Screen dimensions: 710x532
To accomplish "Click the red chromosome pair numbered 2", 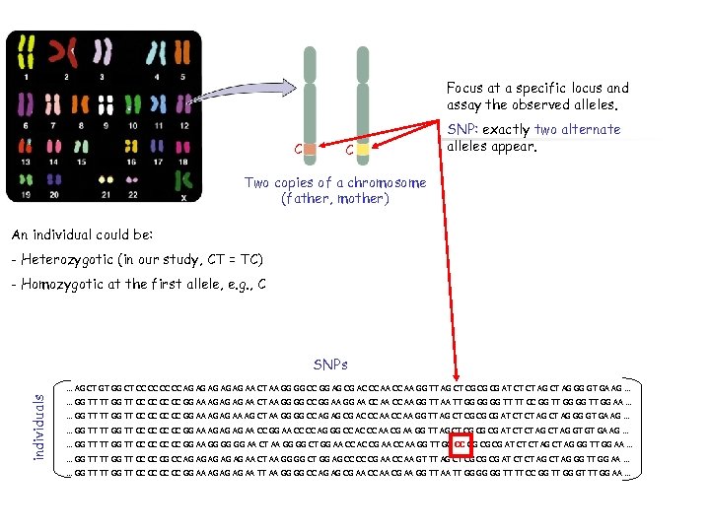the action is point(67,55).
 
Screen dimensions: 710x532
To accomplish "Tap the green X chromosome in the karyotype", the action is point(181,181).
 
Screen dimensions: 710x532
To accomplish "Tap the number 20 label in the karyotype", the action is point(55,195).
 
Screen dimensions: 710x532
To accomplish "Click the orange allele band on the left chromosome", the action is point(310,149).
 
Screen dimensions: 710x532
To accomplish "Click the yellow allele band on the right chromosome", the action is point(362,149).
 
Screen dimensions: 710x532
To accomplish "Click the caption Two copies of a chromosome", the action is point(335,182).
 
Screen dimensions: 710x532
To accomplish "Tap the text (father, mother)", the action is point(335,199).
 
